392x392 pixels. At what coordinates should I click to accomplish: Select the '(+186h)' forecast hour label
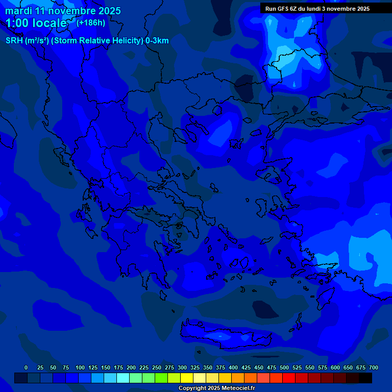point(90,22)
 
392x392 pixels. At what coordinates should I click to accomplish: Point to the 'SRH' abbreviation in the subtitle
point(14,41)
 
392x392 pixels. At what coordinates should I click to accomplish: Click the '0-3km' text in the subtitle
point(157,41)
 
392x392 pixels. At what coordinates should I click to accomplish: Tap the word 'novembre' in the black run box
point(340,9)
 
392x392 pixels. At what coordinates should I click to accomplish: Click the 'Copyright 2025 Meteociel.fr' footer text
point(216,388)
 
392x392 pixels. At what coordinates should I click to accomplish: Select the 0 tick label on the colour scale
point(26,367)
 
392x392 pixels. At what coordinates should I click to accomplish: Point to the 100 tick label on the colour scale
point(80,367)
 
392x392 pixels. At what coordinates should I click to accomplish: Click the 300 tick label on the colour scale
point(182,367)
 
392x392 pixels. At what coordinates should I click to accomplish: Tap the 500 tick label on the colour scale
point(284,367)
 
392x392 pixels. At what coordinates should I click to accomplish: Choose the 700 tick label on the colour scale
point(374,367)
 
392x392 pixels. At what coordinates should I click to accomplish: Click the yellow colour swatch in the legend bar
point(187,378)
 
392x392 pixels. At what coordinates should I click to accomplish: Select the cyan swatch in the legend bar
point(123,378)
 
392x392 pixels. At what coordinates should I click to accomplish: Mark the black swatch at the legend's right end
point(365,378)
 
